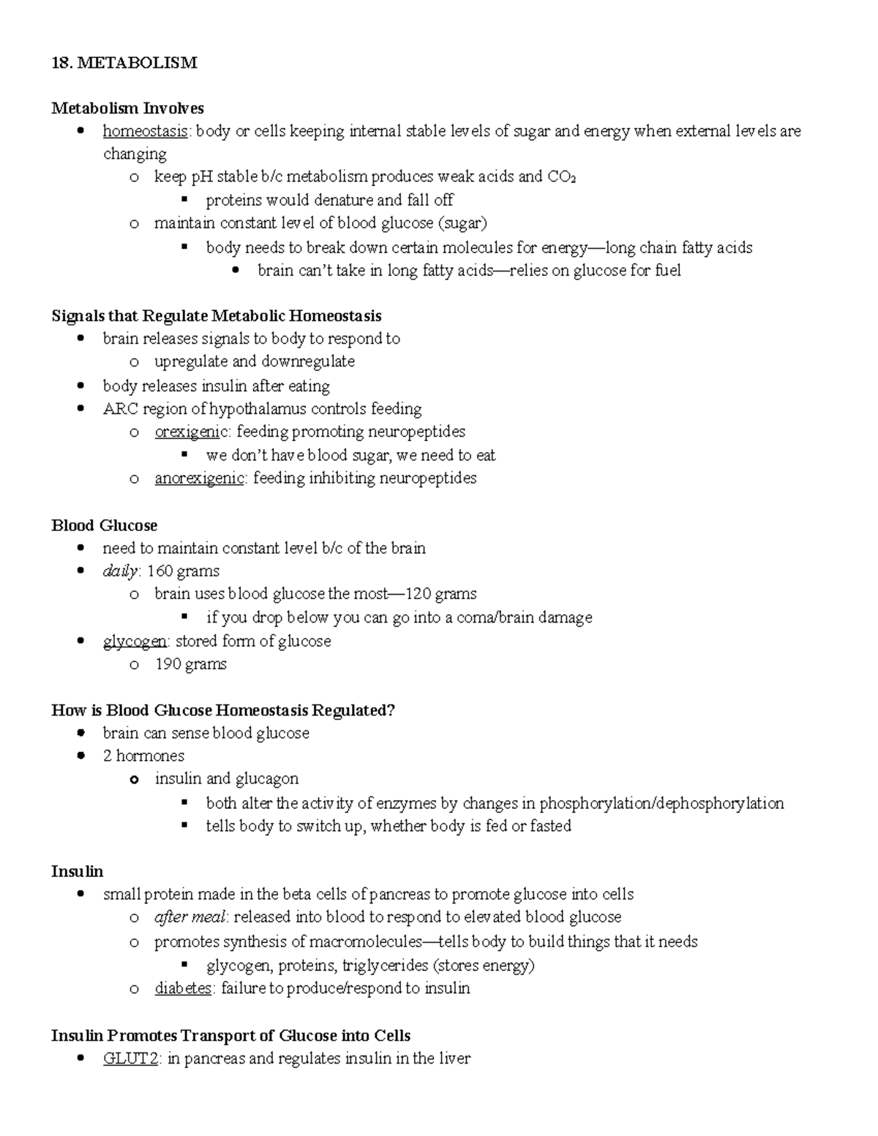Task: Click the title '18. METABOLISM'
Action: tap(124, 63)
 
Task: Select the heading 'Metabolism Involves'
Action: tap(127, 108)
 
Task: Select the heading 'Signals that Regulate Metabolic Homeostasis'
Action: tap(216, 316)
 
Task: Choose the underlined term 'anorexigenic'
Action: tap(199, 478)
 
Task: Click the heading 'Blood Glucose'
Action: tap(104, 525)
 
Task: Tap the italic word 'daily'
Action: tap(120, 571)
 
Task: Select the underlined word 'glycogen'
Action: tap(135, 641)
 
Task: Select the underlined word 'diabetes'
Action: tap(183, 988)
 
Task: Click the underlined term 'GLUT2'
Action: tap(130, 1058)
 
